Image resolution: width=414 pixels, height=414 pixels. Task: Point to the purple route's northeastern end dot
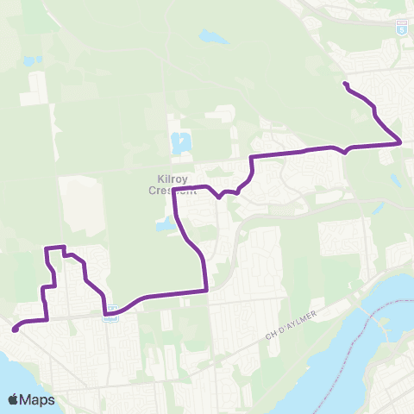click(345, 84)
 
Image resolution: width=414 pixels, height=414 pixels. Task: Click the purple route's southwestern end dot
click(15, 329)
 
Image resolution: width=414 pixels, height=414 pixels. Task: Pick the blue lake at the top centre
click(208, 37)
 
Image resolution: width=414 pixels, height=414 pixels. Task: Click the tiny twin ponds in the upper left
click(33, 63)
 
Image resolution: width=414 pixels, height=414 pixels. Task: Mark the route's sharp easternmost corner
click(401, 142)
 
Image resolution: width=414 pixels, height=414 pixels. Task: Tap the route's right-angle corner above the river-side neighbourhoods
click(207, 291)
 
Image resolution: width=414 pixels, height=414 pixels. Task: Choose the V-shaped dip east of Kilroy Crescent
click(220, 197)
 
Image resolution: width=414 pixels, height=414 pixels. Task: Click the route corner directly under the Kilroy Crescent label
click(174, 191)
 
